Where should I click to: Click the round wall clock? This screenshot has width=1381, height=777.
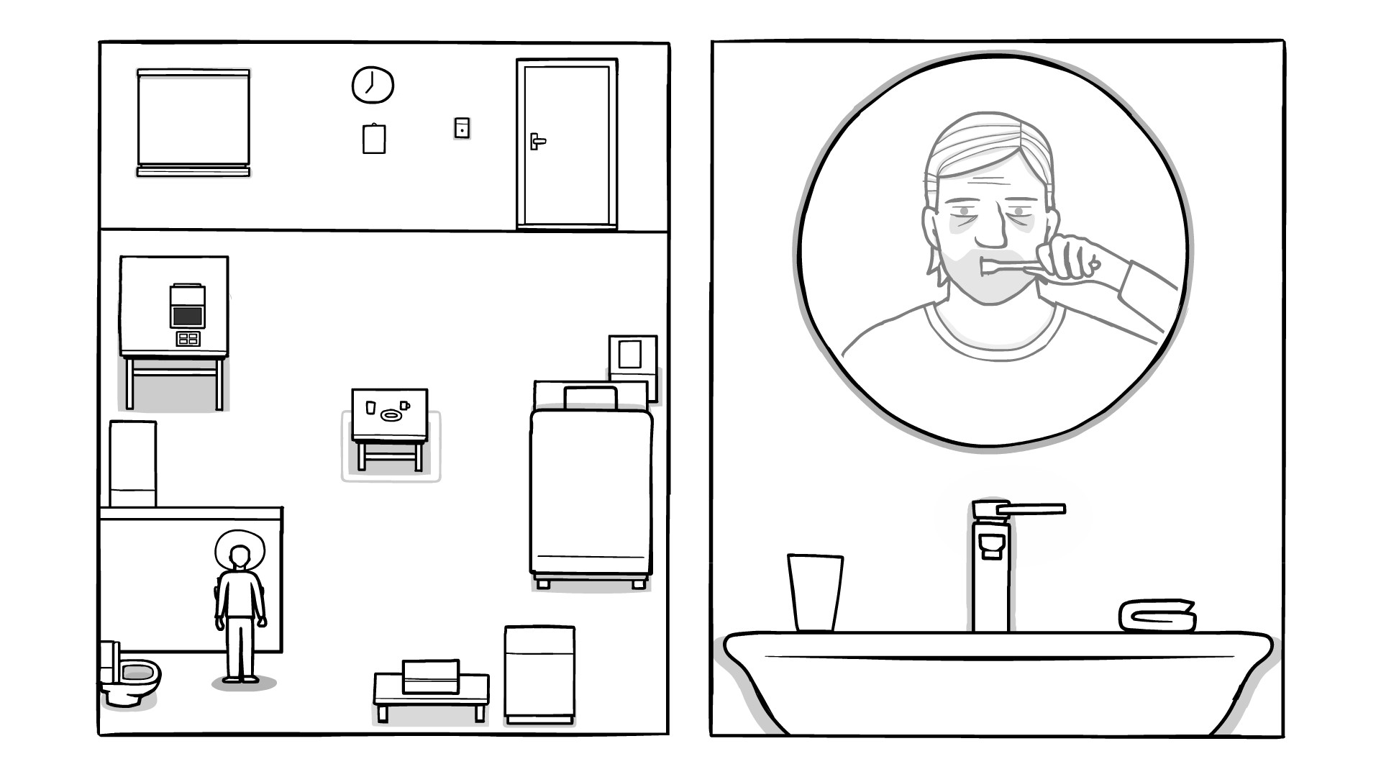tap(373, 85)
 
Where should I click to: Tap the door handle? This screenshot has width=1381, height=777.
tap(537, 141)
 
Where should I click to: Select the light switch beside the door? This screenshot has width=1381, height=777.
tap(462, 128)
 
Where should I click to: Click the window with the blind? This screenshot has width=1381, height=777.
tap(193, 122)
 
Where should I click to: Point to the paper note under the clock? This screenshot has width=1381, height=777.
tap(374, 139)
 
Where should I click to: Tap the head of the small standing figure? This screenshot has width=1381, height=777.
tap(240, 556)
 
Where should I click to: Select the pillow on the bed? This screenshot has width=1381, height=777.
tap(591, 398)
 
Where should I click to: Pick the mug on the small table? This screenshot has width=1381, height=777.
tap(404, 406)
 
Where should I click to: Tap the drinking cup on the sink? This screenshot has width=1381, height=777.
tap(815, 591)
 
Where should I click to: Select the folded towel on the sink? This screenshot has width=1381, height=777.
tap(1157, 616)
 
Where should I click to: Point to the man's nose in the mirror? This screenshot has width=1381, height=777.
tap(991, 229)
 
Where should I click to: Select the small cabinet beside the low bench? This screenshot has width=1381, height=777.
tap(539, 674)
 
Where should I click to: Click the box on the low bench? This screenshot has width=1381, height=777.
tap(431, 676)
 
